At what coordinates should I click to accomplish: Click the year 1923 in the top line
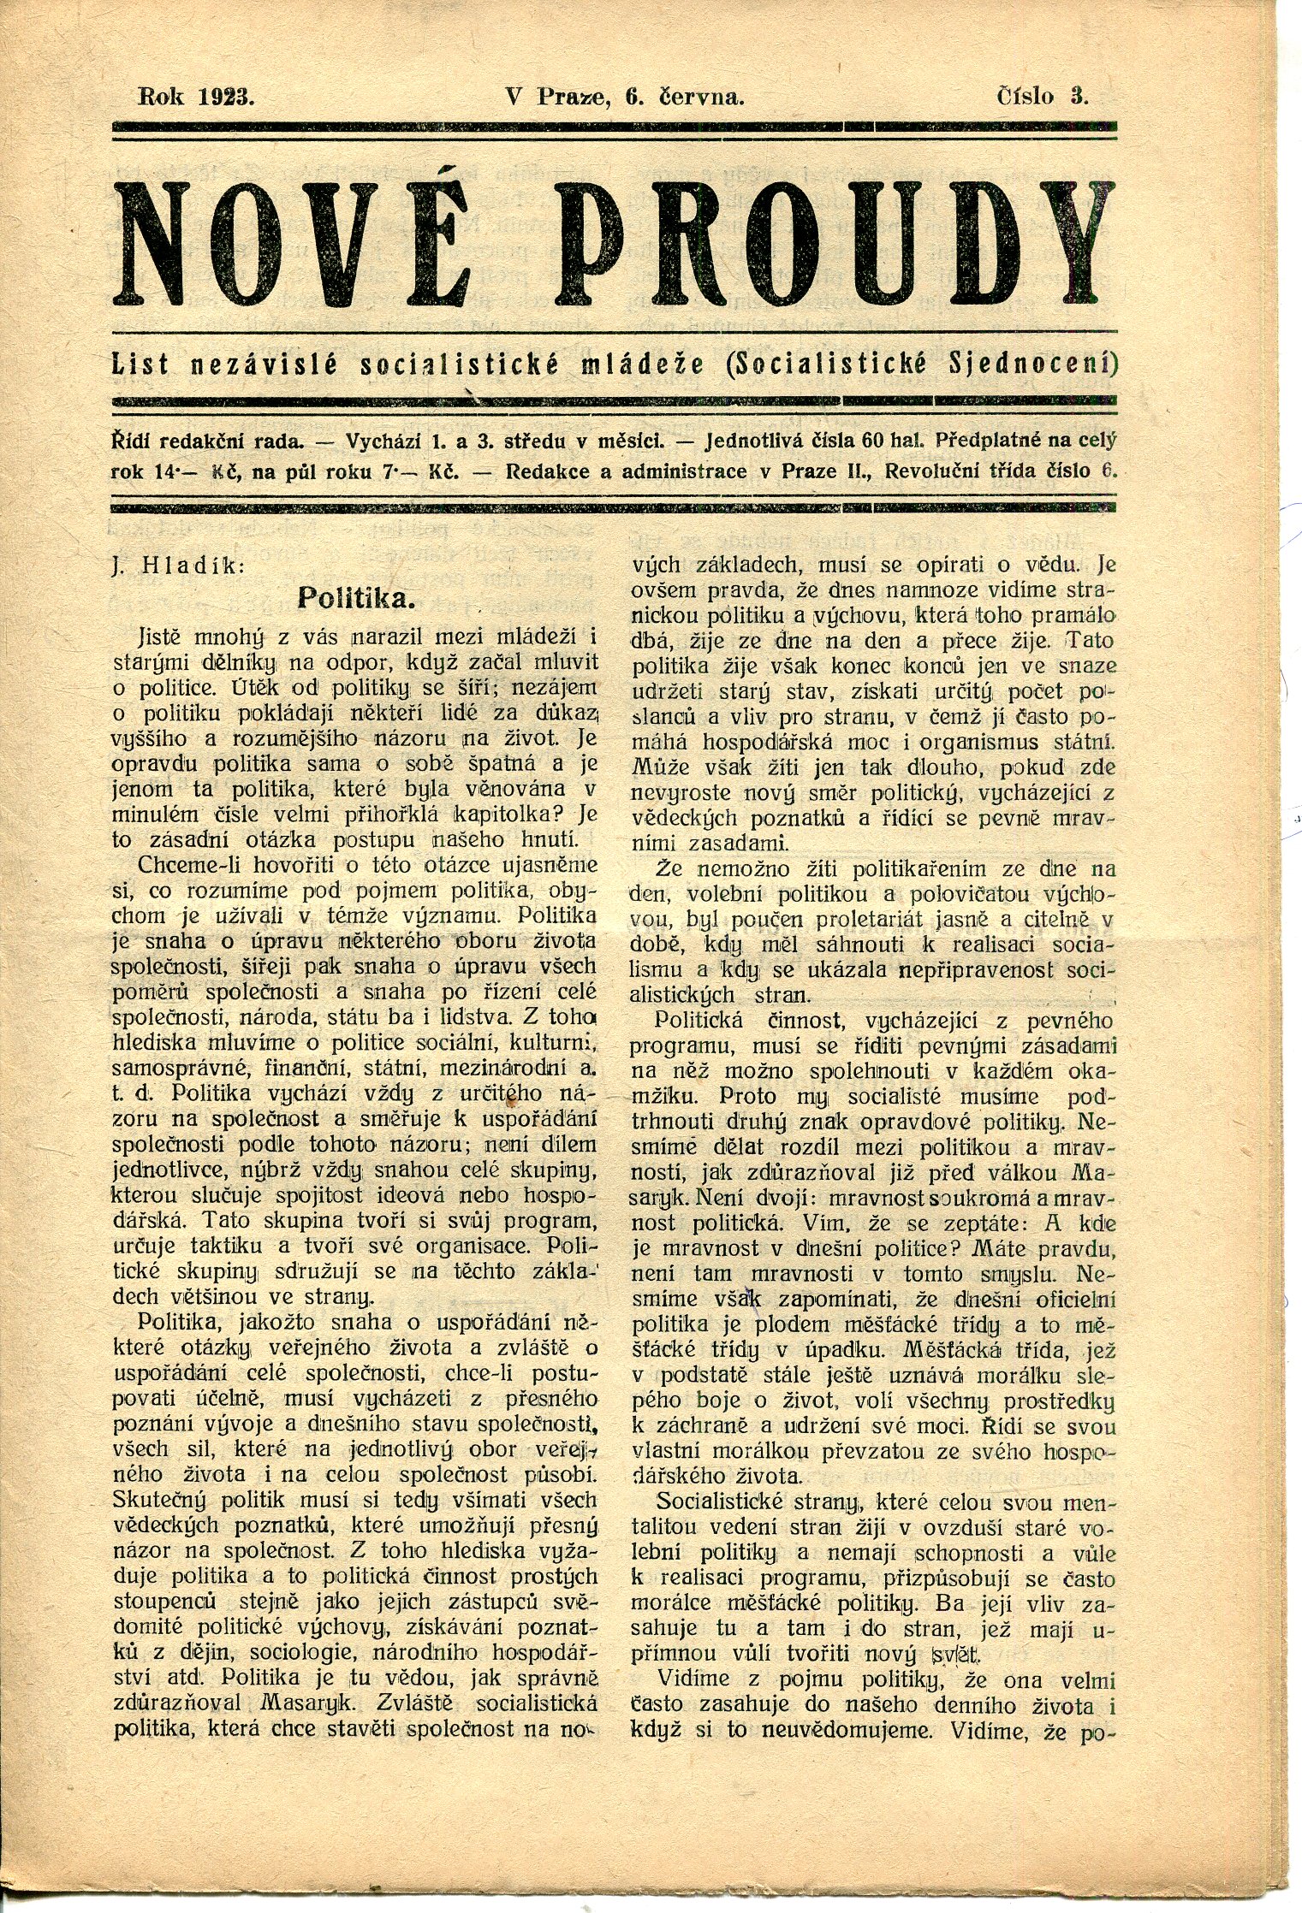point(224,97)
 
